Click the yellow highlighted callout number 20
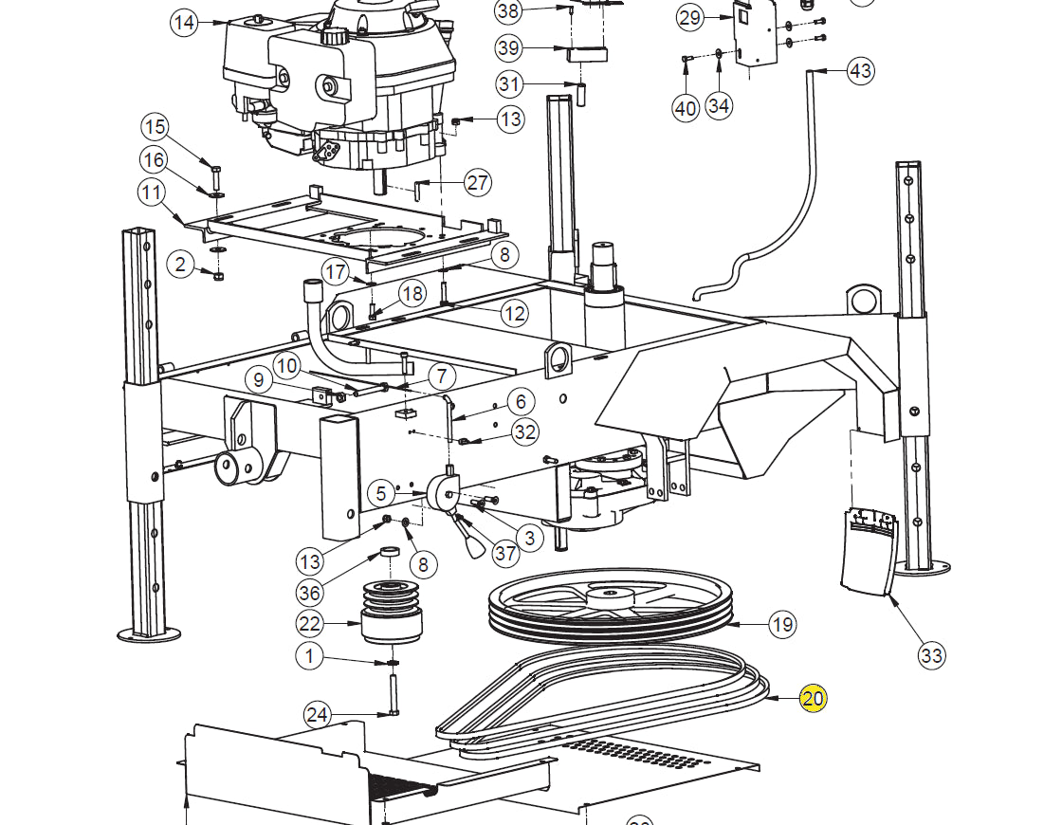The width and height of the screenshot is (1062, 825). click(x=813, y=698)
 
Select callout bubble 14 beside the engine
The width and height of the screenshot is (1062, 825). click(x=184, y=23)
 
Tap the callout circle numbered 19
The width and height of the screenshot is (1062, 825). click(x=782, y=624)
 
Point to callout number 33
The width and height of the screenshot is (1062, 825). click(x=931, y=655)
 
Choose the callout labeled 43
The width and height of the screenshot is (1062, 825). click(x=860, y=70)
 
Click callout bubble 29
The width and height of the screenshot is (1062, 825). click(x=689, y=18)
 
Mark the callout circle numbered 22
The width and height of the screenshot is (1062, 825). click(x=309, y=623)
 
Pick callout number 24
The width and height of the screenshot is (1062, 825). click(x=317, y=715)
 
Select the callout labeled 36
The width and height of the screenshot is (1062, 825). click(x=309, y=593)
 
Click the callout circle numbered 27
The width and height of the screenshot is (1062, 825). click(x=478, y=182)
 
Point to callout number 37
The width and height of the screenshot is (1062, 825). click(x=505, y=554)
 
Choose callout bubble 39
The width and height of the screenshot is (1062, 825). click(x=508, y=48)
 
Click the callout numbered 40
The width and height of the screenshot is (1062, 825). click(x=686, y=108)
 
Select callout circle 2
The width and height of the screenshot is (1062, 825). click(x=180, y=264)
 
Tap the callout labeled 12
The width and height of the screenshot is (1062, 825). click(x=515, y=313)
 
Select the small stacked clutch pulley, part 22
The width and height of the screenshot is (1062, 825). click(x=393, y=612)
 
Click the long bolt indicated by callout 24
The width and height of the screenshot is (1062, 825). click(x=393, y=692)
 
